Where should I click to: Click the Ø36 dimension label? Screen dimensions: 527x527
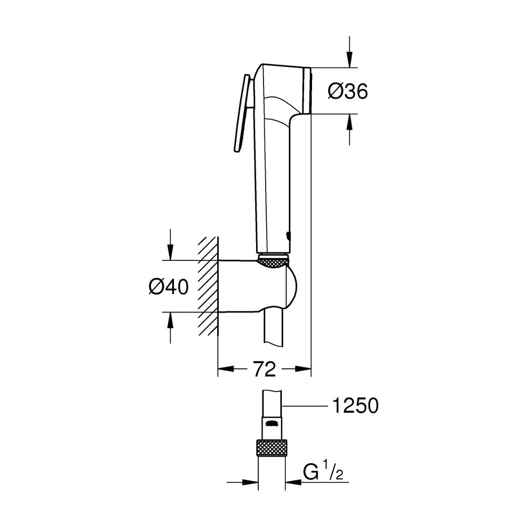(348, 91)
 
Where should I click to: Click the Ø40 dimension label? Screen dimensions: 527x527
(169, 287)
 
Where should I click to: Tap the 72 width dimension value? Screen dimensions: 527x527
(265, 369)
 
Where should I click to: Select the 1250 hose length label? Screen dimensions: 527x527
(355, 406)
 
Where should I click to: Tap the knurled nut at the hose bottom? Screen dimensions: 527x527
(271, 447)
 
